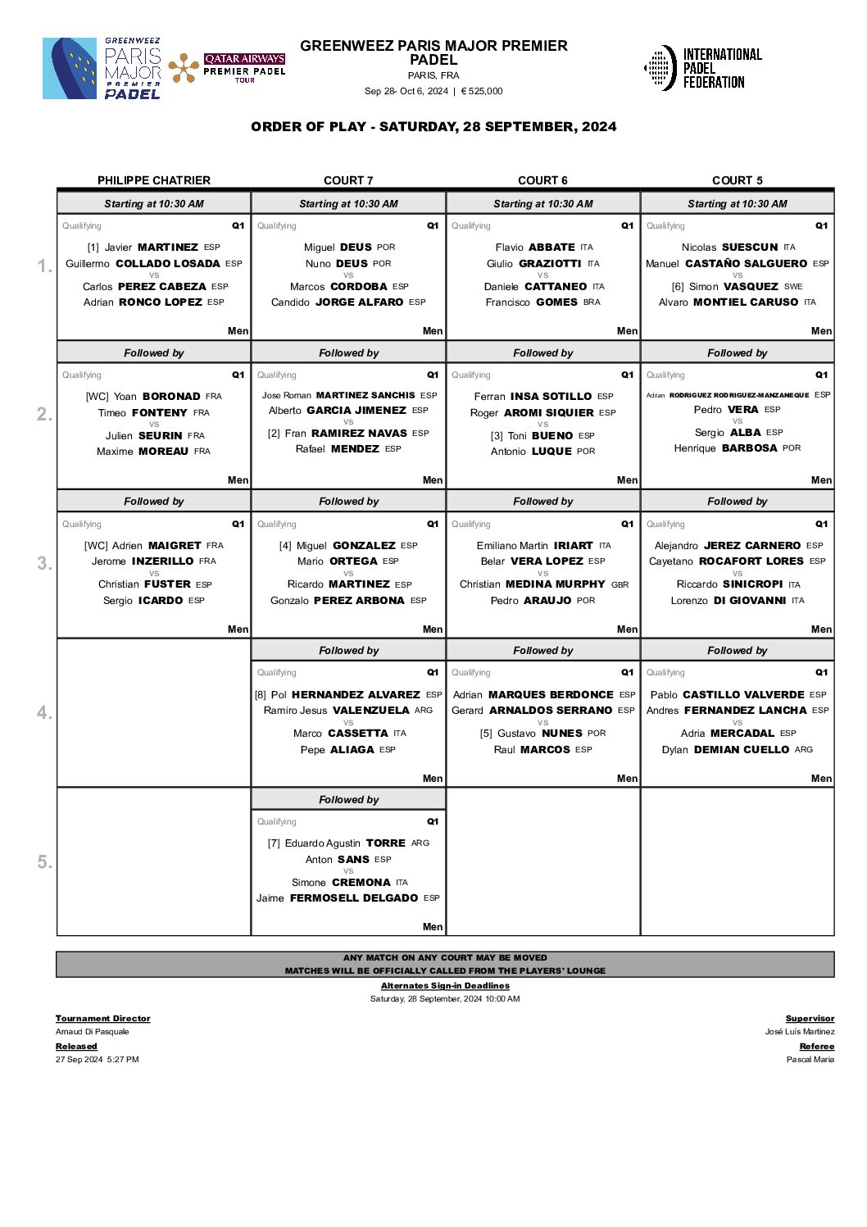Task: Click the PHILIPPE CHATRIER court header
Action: coord(154,180)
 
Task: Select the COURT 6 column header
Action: coord(542,180)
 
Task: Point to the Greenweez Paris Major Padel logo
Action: coord(102,69)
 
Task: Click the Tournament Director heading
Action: coord(103,1019)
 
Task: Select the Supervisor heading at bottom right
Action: coord(810,1019)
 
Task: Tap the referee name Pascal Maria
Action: coord(810,1060)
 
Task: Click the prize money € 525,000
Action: coord(482,91)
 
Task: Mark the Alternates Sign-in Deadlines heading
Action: coord(445,986)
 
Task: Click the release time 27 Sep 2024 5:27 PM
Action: coord(98,1060)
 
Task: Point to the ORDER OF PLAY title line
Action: coord(433,127)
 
